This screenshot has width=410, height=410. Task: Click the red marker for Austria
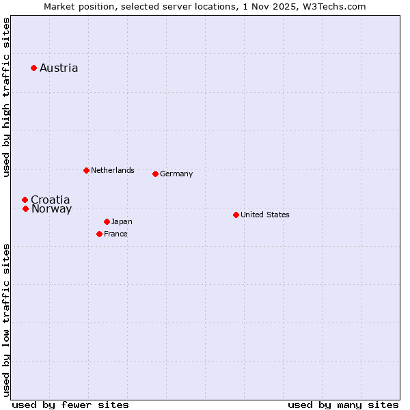click(33, 68)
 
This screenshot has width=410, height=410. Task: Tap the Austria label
click(59, 68)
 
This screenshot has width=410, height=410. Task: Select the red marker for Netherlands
click(86, 170)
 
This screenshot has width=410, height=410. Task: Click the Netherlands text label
click(112, 170)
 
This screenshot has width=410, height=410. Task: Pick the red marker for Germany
click(155, 174)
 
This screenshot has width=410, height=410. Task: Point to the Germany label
click(176, 174)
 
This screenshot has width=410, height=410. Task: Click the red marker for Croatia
click(25, 200)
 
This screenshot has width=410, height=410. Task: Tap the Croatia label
click(51, 200)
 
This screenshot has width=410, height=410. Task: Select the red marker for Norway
click(25, 208)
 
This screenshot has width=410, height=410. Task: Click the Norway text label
click(51, 209)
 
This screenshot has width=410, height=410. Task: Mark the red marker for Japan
click(107, 221)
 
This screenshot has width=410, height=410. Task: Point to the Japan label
click(122, 221)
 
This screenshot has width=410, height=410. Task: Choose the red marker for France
click(99, 234)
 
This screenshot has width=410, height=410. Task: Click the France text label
click(115, 234)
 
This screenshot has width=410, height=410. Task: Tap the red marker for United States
click(236, 215)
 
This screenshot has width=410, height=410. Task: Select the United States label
click(265, 215)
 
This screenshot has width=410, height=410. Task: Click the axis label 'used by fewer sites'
click(70, 405)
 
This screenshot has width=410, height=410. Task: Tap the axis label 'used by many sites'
click(343, 405)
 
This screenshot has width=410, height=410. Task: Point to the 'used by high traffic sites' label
click(6, 97)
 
